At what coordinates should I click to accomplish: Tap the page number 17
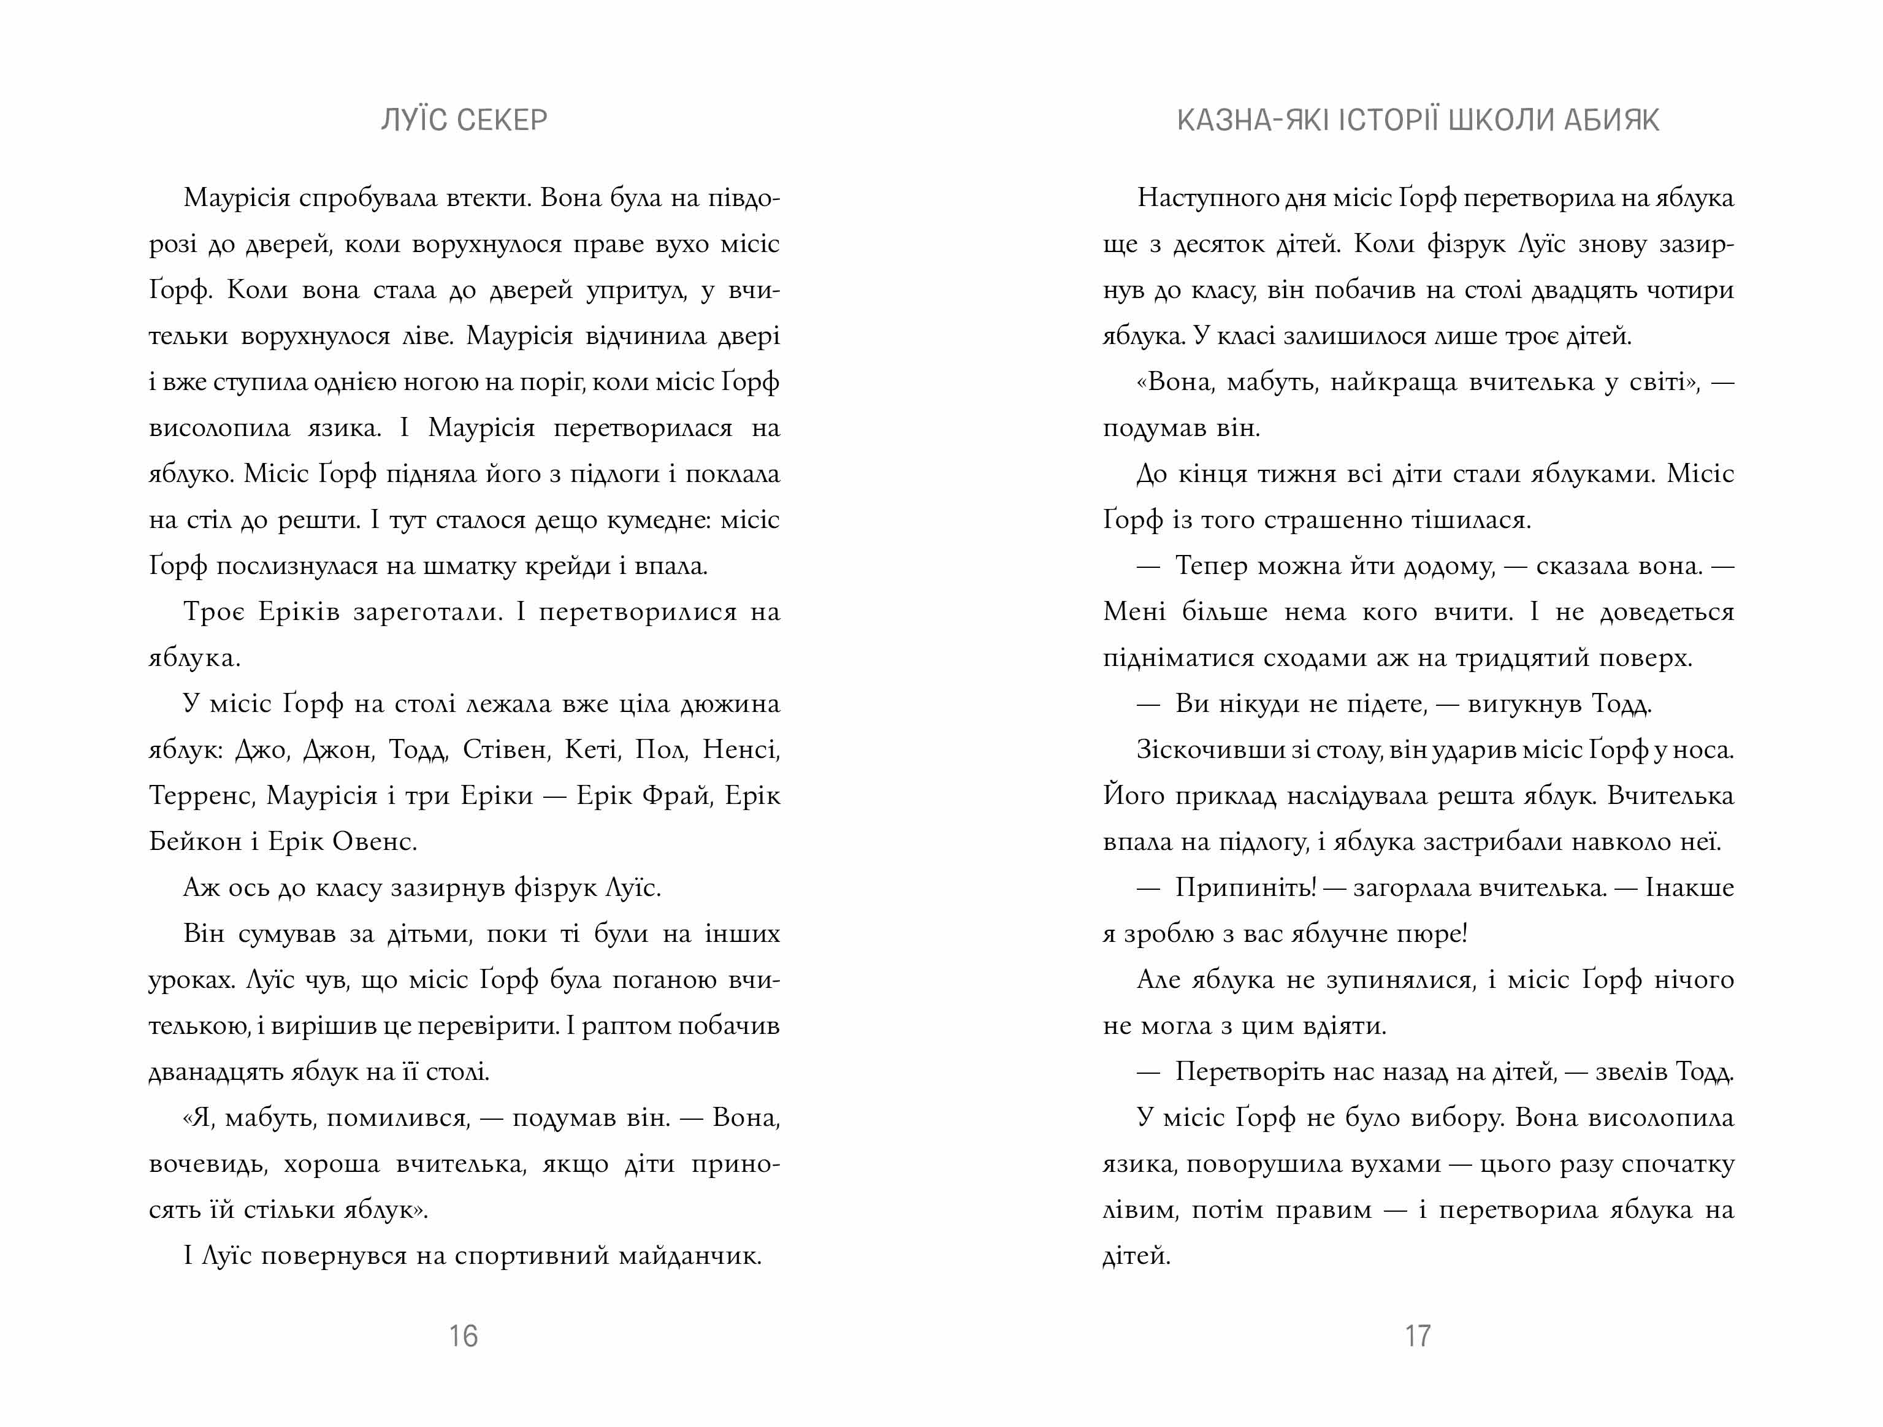click(1418, 1336)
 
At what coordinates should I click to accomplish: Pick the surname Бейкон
click(195, 841)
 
